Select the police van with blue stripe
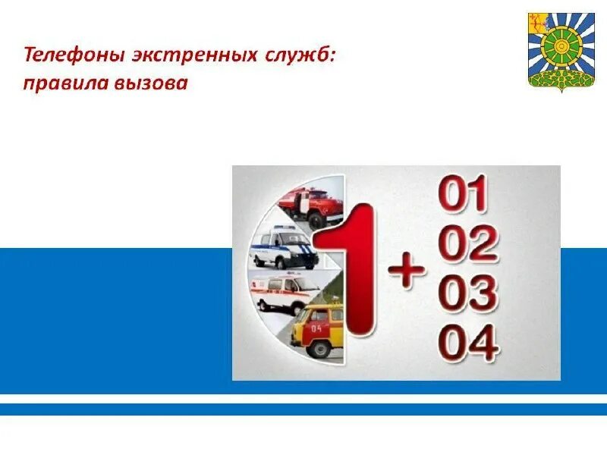click(285, 247)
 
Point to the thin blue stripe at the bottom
click(303, 409)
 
